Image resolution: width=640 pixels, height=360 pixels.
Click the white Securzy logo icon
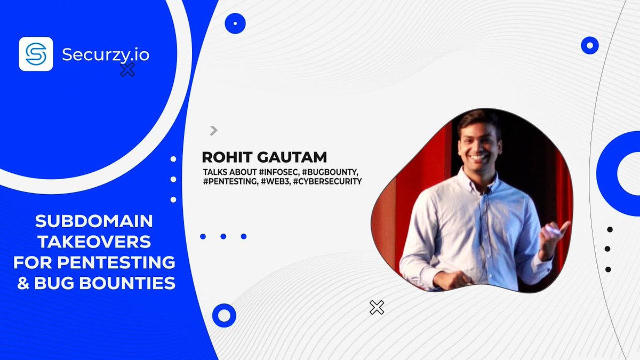[36, 54]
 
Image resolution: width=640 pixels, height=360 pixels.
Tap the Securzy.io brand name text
[105, 54]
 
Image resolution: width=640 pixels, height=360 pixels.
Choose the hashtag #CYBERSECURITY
[327, 181]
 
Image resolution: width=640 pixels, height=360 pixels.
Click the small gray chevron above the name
[214, 130]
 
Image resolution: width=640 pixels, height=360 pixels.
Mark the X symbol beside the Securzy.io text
[127, 69]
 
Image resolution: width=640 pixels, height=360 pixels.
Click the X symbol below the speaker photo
[377, 307]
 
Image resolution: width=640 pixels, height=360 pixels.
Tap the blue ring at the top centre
[235, 23]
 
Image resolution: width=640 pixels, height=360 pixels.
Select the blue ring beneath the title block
[224, 315]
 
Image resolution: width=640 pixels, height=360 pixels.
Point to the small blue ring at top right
[589, 45]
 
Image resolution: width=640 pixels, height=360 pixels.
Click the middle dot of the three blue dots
[223, 236]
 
